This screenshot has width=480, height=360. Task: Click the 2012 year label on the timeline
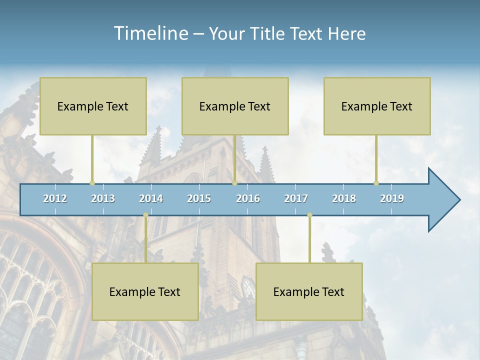[55, 198]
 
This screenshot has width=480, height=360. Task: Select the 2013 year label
[103, 198]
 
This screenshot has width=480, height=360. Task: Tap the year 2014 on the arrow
[151, 198]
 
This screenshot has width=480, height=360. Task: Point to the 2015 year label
[199, 198]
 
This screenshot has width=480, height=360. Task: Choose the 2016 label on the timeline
[248, 198]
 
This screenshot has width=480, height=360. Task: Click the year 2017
[296, 198]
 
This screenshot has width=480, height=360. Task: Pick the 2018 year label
[344, 198]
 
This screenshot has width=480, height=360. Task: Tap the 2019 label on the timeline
[392, 198]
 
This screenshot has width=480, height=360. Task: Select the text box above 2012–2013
[93, 106]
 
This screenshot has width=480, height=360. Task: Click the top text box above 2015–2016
[235, 106]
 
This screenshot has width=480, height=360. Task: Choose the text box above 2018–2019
[377, 106]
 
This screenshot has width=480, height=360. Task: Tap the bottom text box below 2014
[145, 291]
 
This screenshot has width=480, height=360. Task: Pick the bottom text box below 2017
[309, 291]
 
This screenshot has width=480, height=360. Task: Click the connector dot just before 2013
[92, 183]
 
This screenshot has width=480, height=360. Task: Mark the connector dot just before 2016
[234, 183]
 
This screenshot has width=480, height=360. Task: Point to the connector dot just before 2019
[376, 183]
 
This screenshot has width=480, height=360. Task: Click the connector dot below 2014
[145, 215]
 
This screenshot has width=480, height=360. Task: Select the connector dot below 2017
[309, 215]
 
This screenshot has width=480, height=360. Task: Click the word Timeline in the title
[150, 33]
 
